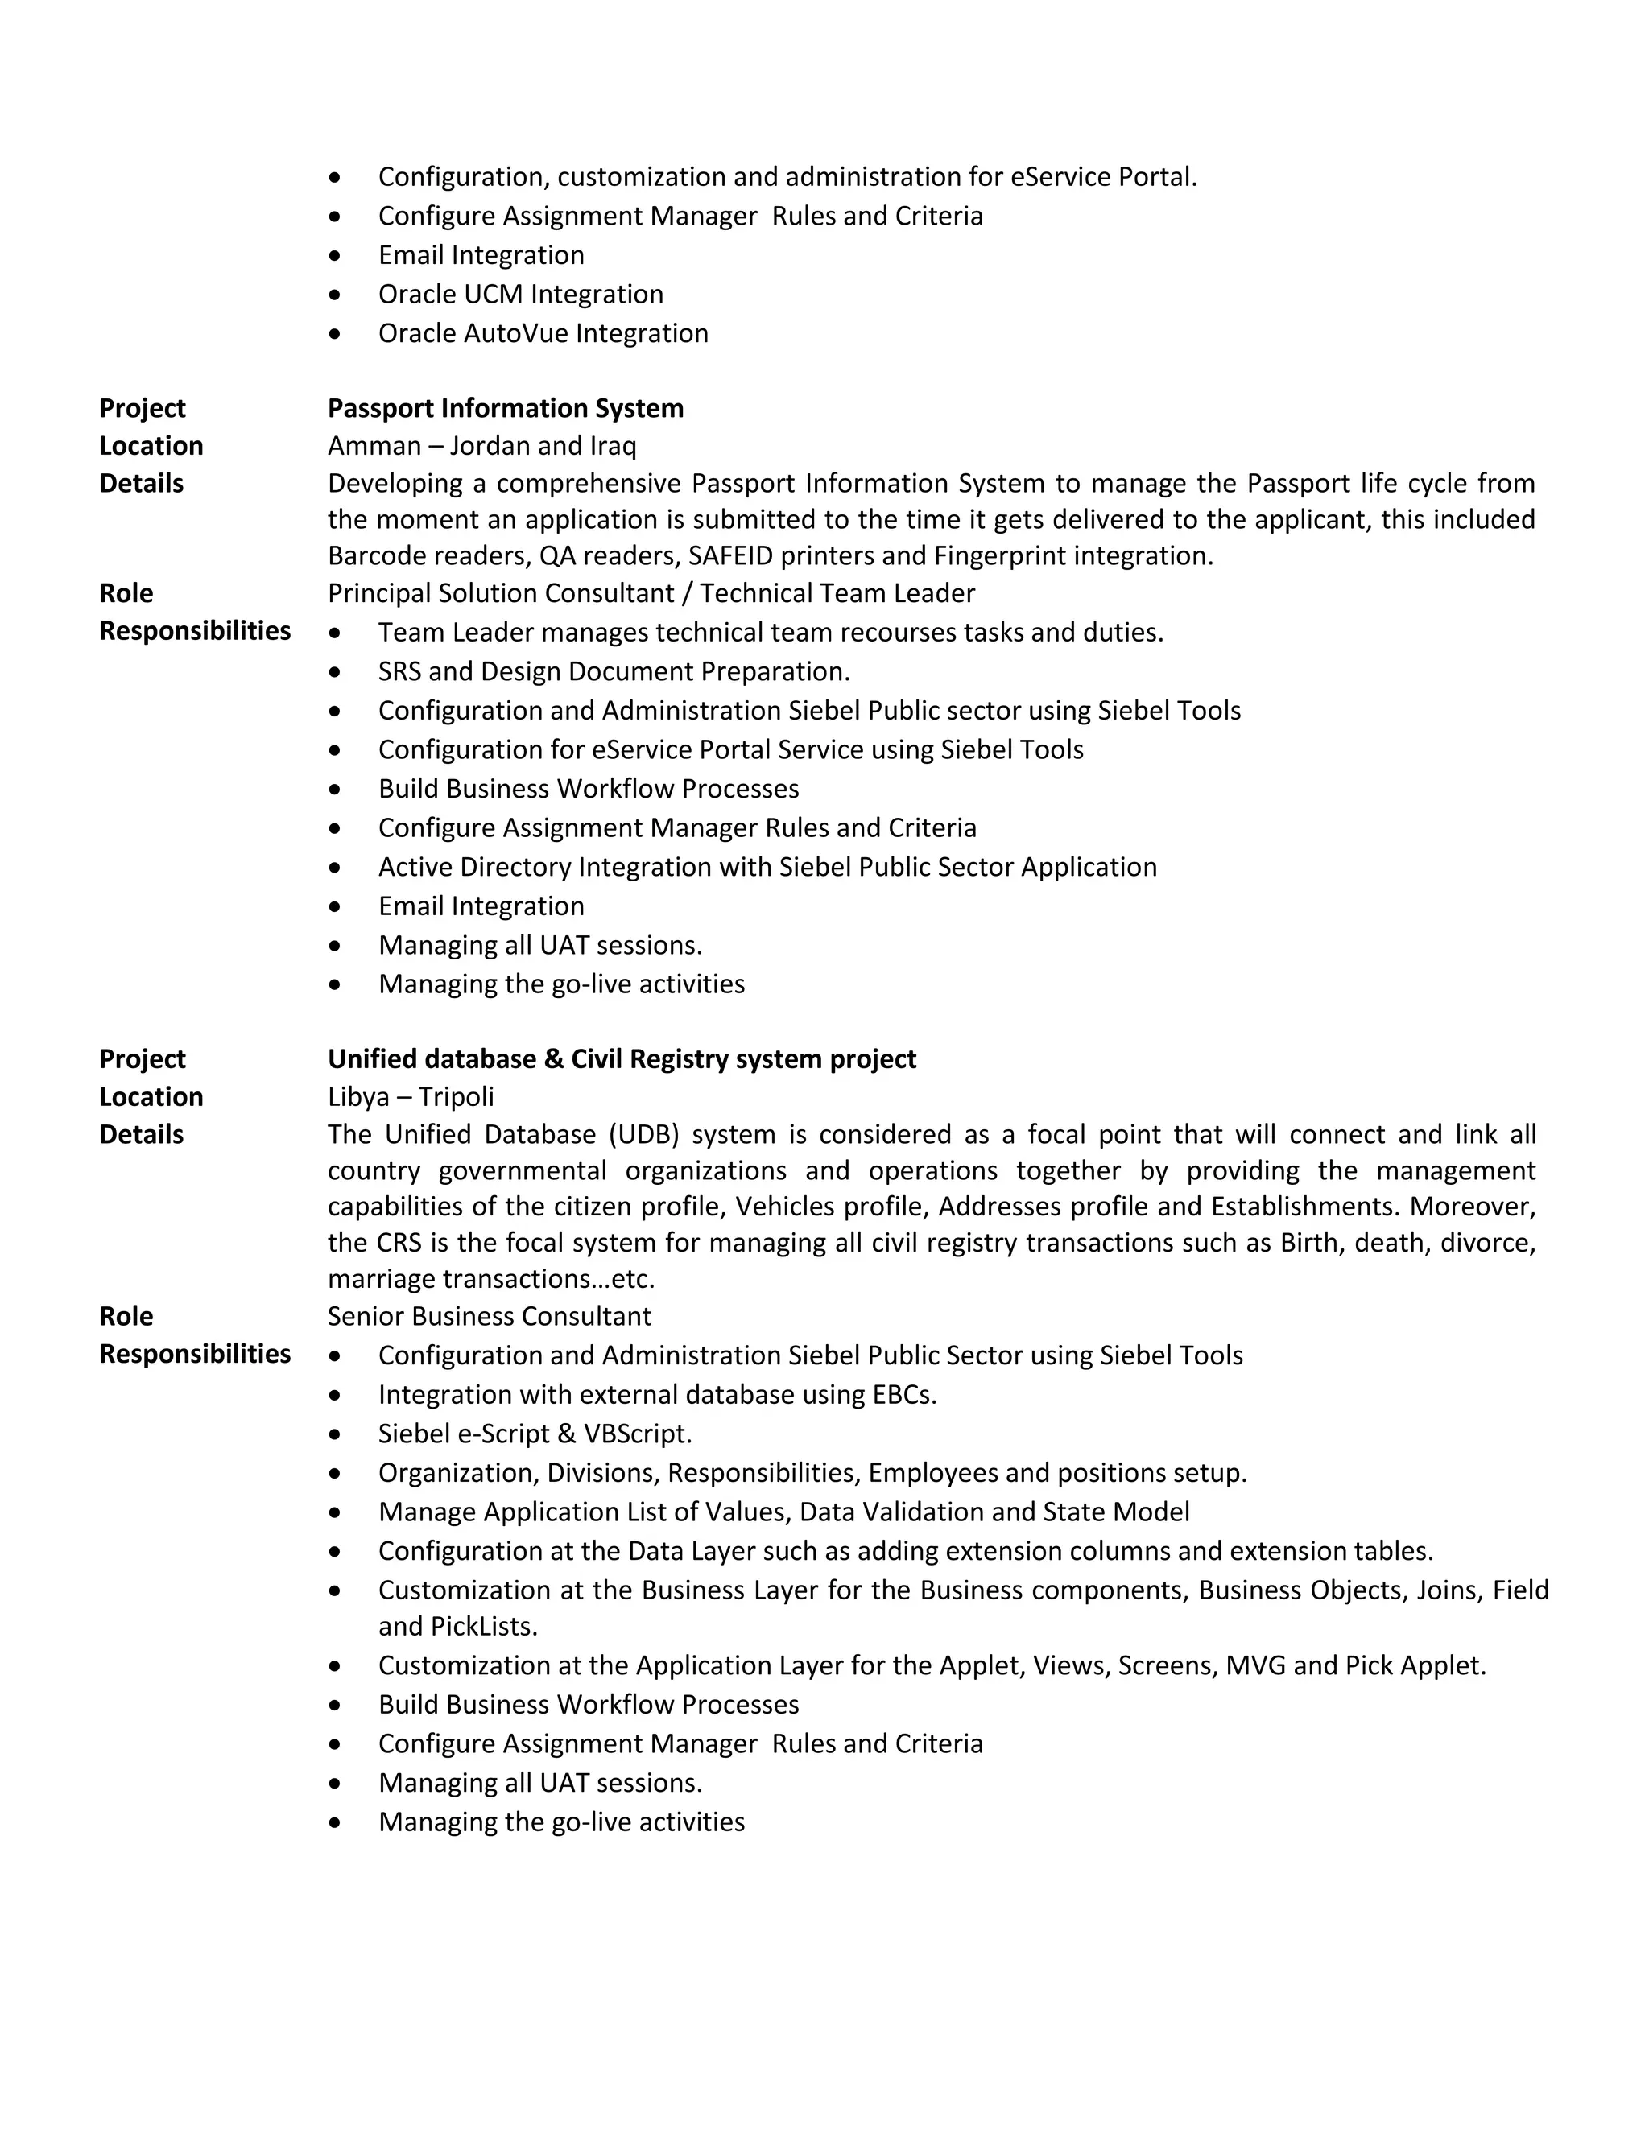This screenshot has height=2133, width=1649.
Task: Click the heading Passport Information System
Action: (505, 408)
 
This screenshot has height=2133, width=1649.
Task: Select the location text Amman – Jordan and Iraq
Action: (481, 447)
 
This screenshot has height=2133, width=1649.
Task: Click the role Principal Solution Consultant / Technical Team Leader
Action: (651, 594)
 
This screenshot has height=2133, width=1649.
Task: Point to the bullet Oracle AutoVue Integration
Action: (543, 334)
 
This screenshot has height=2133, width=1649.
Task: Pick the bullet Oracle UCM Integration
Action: (521, 295)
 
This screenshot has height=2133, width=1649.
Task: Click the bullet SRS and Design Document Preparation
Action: (614, 672)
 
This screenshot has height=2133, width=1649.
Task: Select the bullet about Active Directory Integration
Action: (767, 867)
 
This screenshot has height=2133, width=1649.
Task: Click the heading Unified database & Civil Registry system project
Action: (622, 1060)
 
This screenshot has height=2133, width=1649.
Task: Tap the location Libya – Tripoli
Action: (411, 1097)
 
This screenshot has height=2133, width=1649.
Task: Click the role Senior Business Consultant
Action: (489, 1317)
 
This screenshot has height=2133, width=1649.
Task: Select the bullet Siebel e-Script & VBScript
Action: (535, 1434)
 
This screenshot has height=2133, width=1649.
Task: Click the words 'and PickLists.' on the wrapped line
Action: (457, 1626)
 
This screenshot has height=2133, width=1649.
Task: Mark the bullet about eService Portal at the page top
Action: (787, 178)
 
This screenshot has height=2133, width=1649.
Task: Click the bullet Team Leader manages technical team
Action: (770, 633)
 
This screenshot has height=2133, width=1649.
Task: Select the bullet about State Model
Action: (783, 1512)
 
